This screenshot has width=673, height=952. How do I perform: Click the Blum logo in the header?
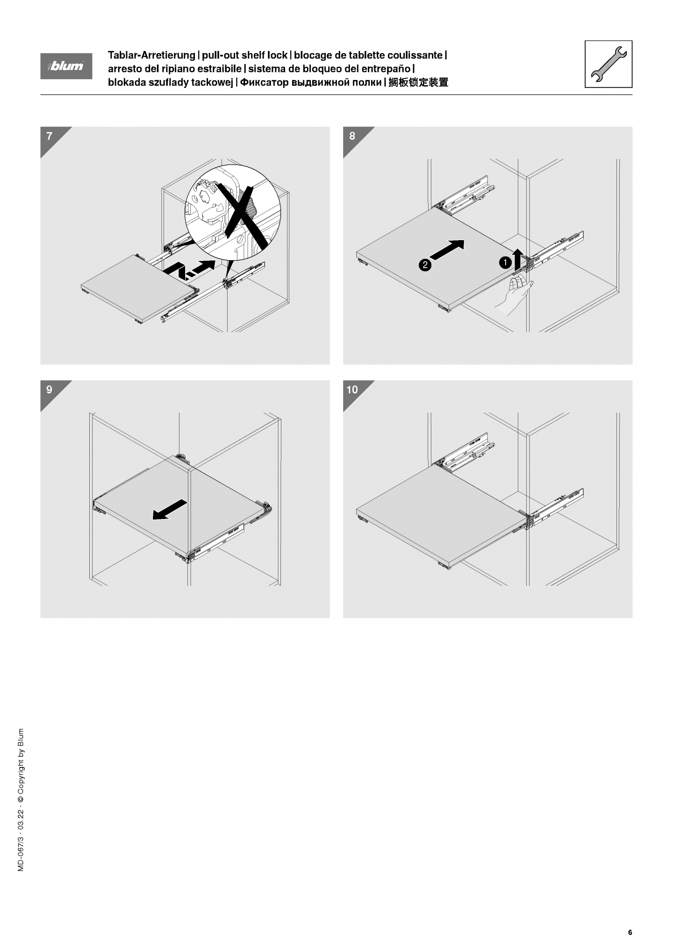click(x=66, y=66)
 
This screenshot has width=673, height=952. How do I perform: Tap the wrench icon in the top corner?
click(x=609, y=64)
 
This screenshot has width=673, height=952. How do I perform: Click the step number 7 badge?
click(x=50, y=136)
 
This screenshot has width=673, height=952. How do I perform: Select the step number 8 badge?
click(x=352, y=136)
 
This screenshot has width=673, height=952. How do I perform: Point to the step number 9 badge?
click(x=50, y=390)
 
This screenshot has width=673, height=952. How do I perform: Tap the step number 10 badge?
click(x=352, y=390)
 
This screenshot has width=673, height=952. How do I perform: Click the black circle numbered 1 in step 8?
click(x=505, y=263)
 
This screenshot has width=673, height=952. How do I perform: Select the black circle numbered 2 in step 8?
click(x=424, y=265)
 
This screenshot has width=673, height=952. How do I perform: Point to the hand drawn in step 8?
click(x=515, y=294)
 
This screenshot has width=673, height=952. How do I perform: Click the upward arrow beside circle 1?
click(x=518, y=259)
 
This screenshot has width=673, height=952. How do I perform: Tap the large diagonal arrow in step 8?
click(x=447, y=249)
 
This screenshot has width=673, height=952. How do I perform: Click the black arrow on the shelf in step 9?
click(x=170, y=509)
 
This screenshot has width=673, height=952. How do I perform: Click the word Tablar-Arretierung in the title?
click(x=151, y=55)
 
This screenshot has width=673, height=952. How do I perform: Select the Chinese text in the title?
click(x=419, y=82)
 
